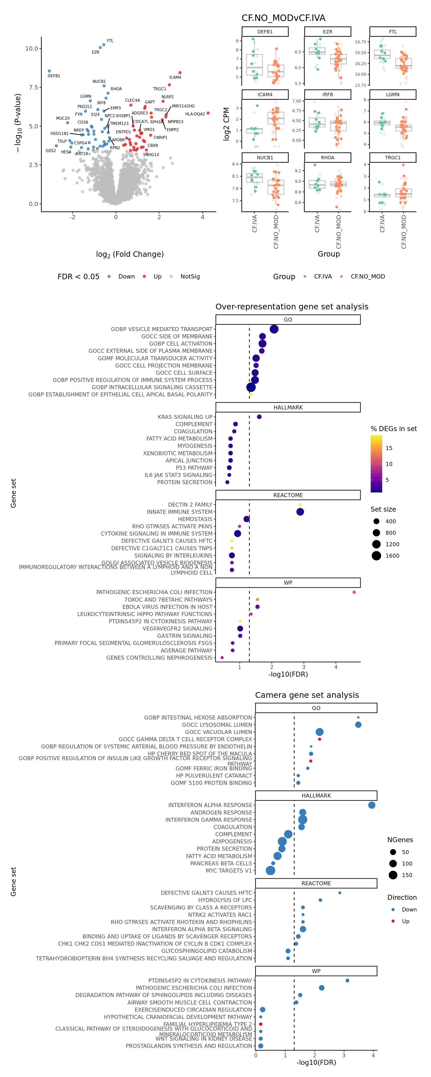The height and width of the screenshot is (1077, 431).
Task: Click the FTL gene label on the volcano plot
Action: click(x=110, y=41)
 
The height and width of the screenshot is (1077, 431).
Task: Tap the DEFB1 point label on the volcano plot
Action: click(x=54, y=76)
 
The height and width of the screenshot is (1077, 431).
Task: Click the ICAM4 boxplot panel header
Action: click(x=265, y=94)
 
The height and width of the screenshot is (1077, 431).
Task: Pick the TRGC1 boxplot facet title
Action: click(x=393, y=158)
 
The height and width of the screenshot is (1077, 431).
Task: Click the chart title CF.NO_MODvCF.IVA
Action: click(x=283, y=18)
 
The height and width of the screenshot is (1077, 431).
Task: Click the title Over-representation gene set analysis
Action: click(x=292, y=306)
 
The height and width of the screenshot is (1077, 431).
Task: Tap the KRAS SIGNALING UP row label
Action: click(x=185, y=417)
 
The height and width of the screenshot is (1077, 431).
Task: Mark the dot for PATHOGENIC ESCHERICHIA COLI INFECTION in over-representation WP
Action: click(x=354, y=592)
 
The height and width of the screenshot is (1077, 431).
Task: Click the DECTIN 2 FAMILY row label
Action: click(x=190, y=505)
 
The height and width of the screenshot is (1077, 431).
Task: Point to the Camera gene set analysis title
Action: click(x=307, y=695)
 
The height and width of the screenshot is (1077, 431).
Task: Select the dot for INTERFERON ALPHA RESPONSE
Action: click(x=372, y=805)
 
